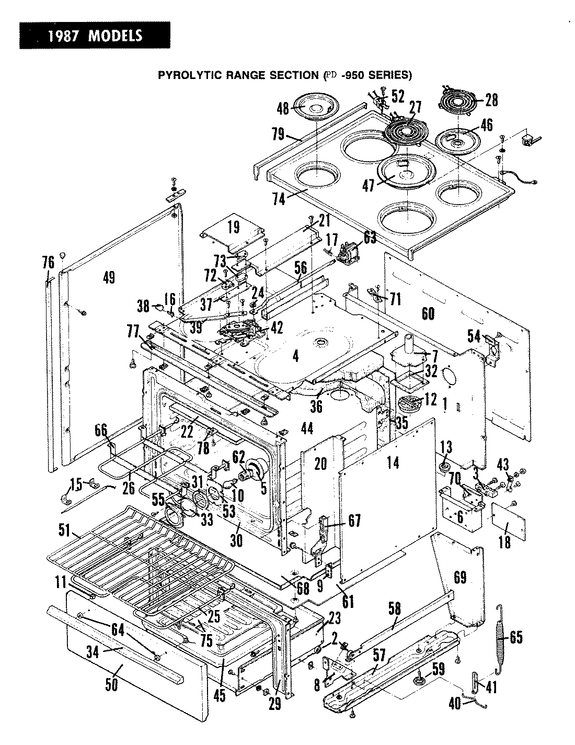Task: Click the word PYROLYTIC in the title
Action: [184, 75]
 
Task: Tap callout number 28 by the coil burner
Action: [491, 100]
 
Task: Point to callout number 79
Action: [278, 134]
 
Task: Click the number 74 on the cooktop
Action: [279, 199]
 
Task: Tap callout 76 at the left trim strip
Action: [48, 262]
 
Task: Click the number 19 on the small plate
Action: [233, 227]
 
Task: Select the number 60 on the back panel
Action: [428, 313]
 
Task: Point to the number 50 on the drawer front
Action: [111, 684]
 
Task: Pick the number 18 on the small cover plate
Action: [504, 541]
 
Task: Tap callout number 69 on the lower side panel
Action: [461, 577]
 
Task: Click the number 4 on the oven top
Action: [296, 357]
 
